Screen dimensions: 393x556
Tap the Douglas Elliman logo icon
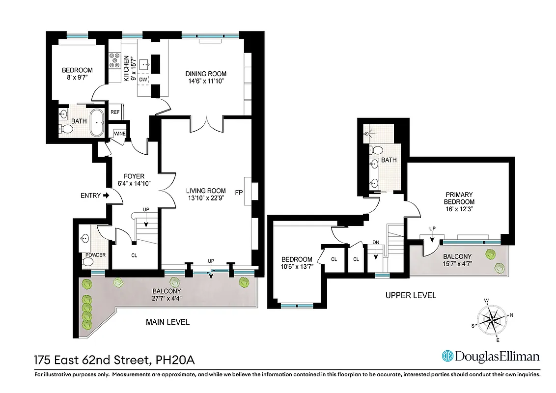pos(447,356)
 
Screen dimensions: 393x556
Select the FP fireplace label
pos(239,191)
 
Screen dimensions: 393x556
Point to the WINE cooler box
pos(119,134)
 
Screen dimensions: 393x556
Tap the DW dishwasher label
pos(143,80)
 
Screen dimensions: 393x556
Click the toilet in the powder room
pos(87,262)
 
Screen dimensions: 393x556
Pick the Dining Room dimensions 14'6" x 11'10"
pos(206,81)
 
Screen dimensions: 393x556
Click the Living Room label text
pos(206,191)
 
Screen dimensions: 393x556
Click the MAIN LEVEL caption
pos(167,322)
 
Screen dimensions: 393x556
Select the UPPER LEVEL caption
pos(411,295)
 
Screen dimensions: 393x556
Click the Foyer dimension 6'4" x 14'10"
pos(134,183)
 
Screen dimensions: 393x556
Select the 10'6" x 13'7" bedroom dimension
pos(296,267)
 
